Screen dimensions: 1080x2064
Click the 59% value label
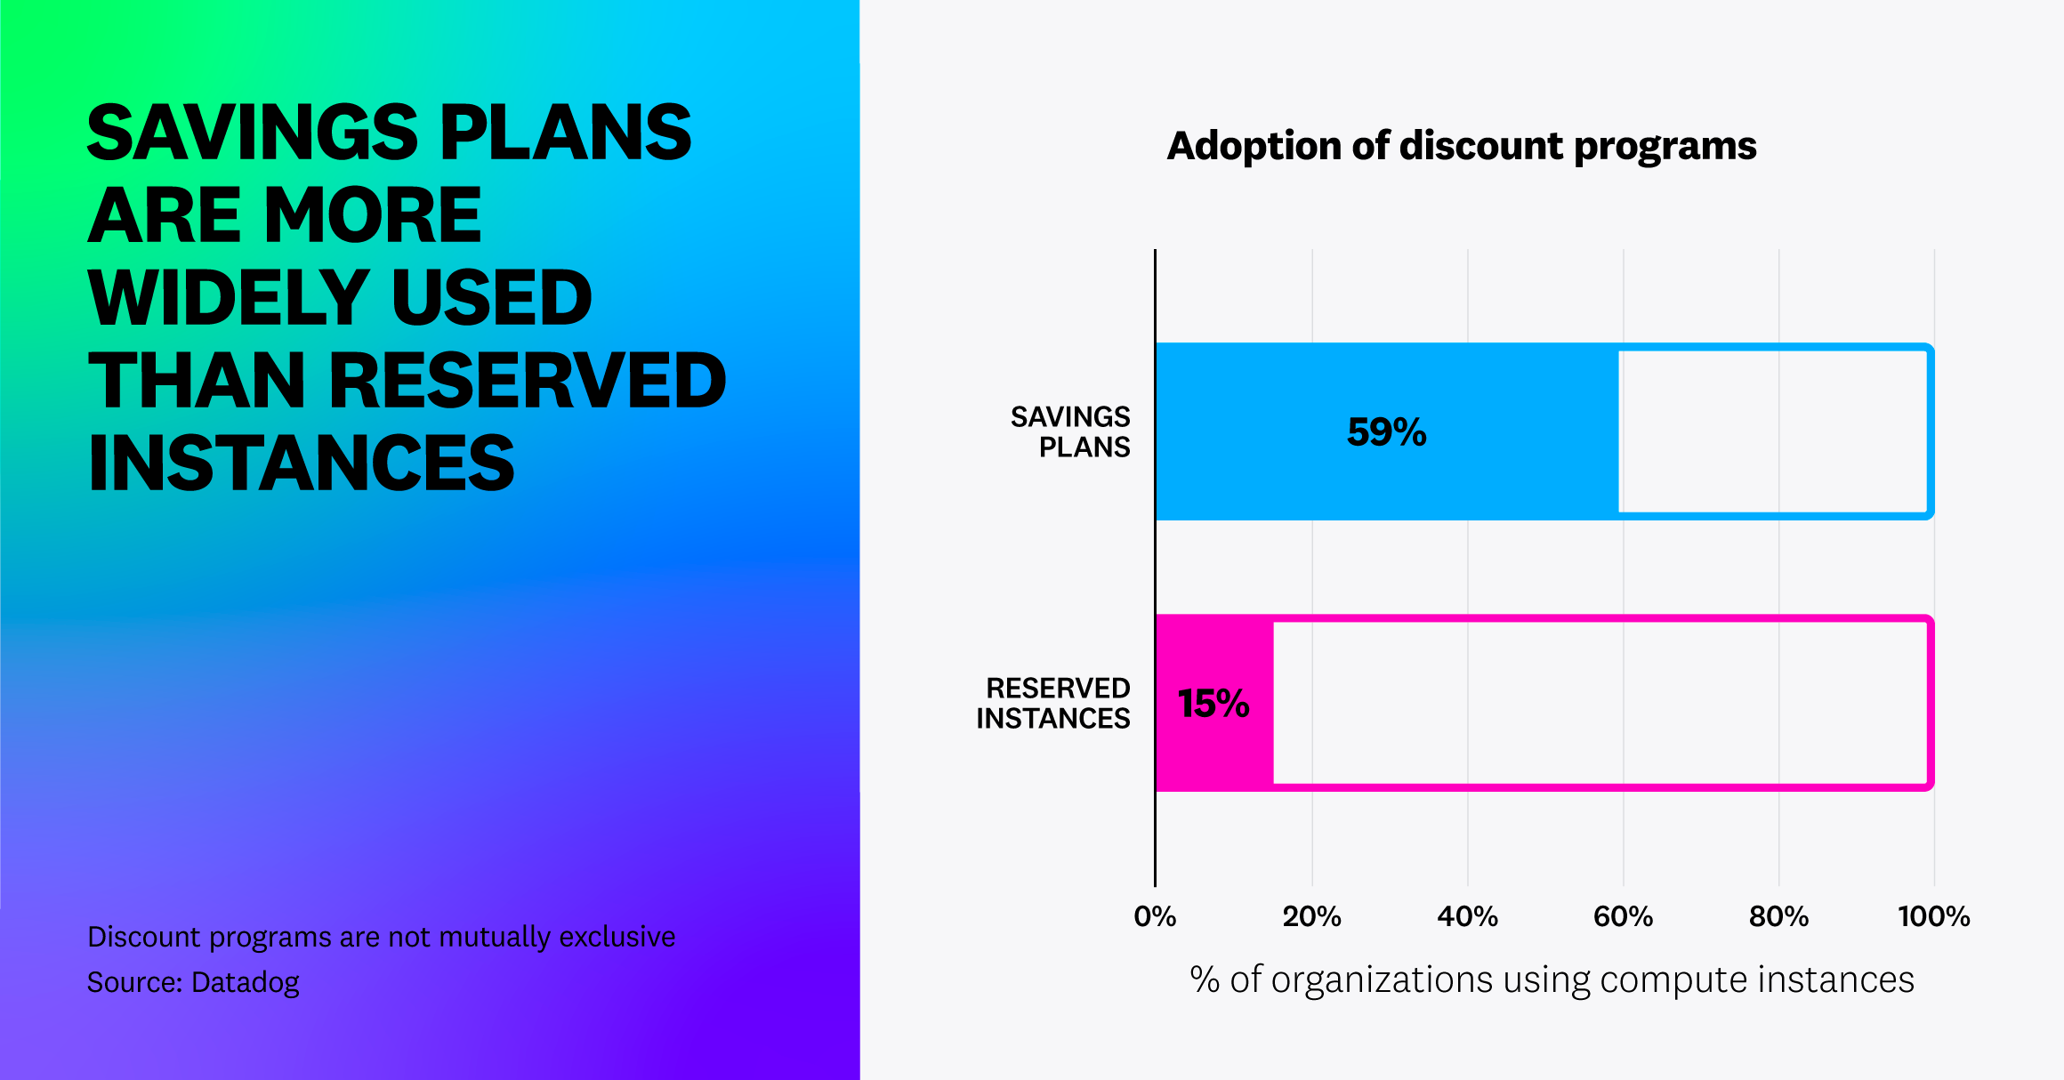point(1386,432)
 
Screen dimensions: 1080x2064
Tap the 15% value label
point(1213,704)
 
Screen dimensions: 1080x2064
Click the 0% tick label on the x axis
point(1155,916)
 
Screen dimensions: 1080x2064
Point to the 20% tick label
point(1311,916)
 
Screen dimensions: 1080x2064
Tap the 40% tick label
point(1467,916)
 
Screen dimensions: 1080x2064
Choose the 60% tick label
point(1623,916)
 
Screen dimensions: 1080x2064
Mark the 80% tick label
point(1778,916)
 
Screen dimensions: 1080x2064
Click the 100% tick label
point(1933,916)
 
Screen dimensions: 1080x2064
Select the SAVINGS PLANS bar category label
point(1070,431)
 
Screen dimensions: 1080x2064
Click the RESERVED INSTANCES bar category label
point(1053,703)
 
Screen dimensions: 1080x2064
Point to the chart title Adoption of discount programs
point(1461,146)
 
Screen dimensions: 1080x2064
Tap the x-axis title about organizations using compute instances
point(1552,979)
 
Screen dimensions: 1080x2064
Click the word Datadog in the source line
point(246,982)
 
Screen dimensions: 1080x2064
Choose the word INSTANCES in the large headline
point(302,463)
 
